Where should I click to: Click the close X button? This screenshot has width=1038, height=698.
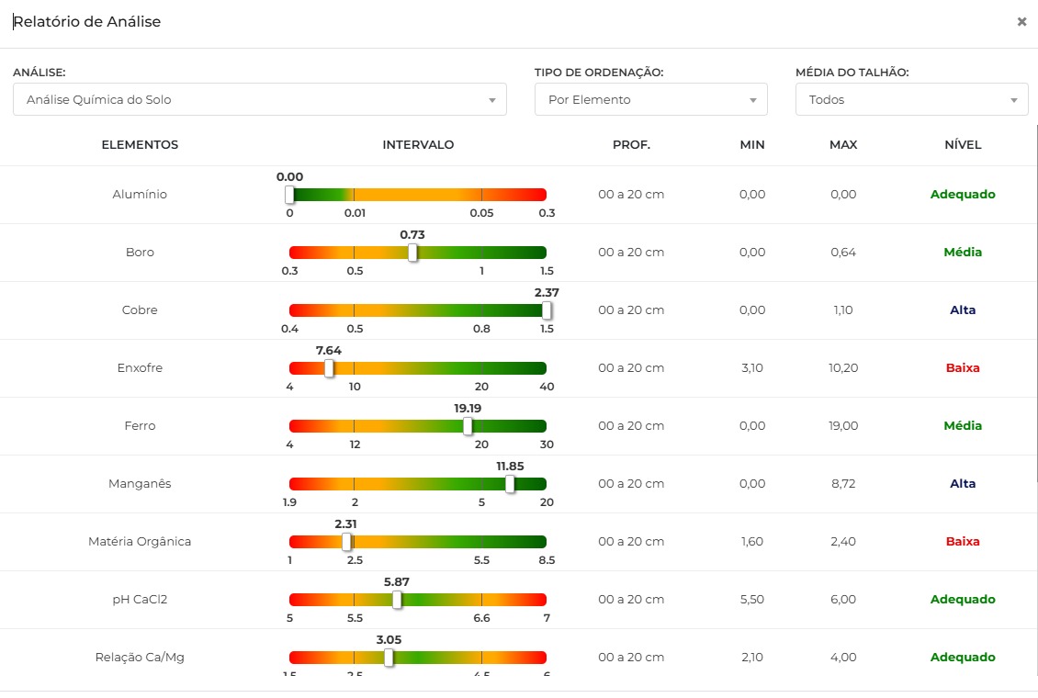pyautogui.click(x=1021, y=22)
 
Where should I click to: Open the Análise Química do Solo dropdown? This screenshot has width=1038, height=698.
pyautogui.click(x=259, y=99)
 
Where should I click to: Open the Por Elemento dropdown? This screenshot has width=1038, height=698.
pyautogui.click(x=650, y=99)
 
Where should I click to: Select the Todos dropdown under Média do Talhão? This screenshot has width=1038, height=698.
pyautogui.click(x=911, y=99)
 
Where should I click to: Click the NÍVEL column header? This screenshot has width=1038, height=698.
pyautogui.click(x=963, y=144)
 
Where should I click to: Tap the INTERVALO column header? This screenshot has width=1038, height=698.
pyautogui.click(x=418, y=144)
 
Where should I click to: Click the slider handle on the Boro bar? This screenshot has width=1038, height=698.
pyautogui.click(x=412, y=253)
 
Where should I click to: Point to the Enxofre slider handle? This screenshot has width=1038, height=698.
pyautogui.click(x=329, y=368)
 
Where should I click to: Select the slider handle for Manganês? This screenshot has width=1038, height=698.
pyautogui.click(x=510, y=484)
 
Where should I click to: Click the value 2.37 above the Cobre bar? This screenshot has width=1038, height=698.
pyautogui.click(x=547, y=292)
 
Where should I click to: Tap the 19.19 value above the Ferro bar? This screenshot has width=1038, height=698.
pyautogui.click(x=468, y=408)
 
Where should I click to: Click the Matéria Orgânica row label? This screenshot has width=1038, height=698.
pyautogui.click(x=140, y=541)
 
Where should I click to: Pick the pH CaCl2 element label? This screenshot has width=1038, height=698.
pyautogui.click(x=140, y=599)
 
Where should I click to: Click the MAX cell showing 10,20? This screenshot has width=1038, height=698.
pyautogui.click(x=843, y=367)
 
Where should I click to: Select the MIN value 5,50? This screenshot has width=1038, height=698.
pyautogui.click(x=752, y=599)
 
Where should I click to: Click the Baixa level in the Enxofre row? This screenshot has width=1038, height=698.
pyautogui.click(x=963, y=367)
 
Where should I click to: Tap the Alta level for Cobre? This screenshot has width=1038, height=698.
pyautogui.click(x=963, y=310)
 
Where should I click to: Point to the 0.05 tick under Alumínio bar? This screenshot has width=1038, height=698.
pyautogui.click(x=481, y=213)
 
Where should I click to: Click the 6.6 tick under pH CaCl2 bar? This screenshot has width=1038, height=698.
pyautogui.click(x=481, y=618)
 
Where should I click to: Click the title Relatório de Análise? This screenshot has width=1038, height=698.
pyautogui.click(x=87, y=22)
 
